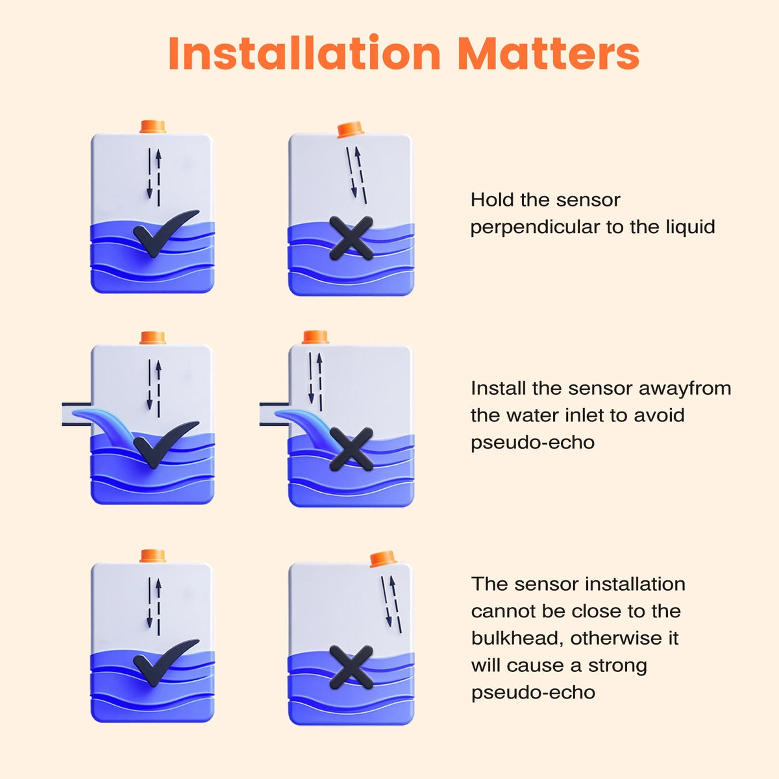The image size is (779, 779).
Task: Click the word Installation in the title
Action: [x=304, y=53]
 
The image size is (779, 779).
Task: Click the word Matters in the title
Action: [x=549, y=53]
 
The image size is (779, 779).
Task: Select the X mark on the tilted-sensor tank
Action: [x=351, y=238]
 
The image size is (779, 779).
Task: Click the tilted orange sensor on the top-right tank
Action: [x=350, y=129]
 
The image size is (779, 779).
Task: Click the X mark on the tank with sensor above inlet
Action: [x=351, y=449]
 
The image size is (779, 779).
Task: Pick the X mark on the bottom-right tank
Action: [x=351, y=667]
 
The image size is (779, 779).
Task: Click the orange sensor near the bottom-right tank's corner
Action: [x=382, y=559]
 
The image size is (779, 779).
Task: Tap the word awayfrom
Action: [x=685, y=389]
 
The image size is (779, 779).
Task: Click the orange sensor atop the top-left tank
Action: [x=153, y=127]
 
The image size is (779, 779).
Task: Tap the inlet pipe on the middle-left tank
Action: [x=77, y=414]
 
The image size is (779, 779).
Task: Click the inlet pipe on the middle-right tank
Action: [x=274, y=414]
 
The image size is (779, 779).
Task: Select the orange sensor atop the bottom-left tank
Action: [x=153, y=556]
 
